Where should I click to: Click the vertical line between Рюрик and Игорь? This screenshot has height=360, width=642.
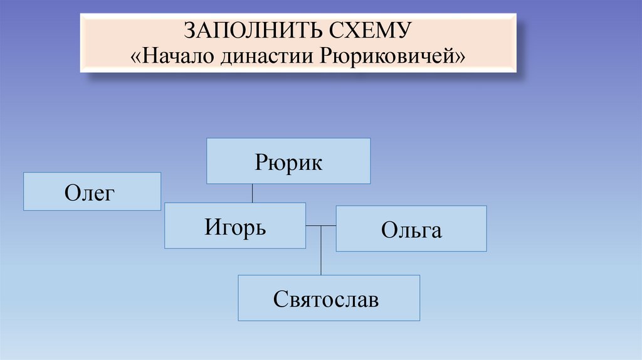click(252, 193)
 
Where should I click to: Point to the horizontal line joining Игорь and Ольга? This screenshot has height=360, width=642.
click(321, 226)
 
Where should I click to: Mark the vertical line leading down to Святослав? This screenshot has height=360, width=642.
click(321, 251)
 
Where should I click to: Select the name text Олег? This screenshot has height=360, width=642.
click(90, 192)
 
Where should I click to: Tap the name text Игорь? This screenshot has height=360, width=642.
click(235, 226)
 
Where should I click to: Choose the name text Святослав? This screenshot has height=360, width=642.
click(326, 299)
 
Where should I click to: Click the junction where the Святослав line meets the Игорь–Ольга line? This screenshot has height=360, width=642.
click(321, 226)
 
